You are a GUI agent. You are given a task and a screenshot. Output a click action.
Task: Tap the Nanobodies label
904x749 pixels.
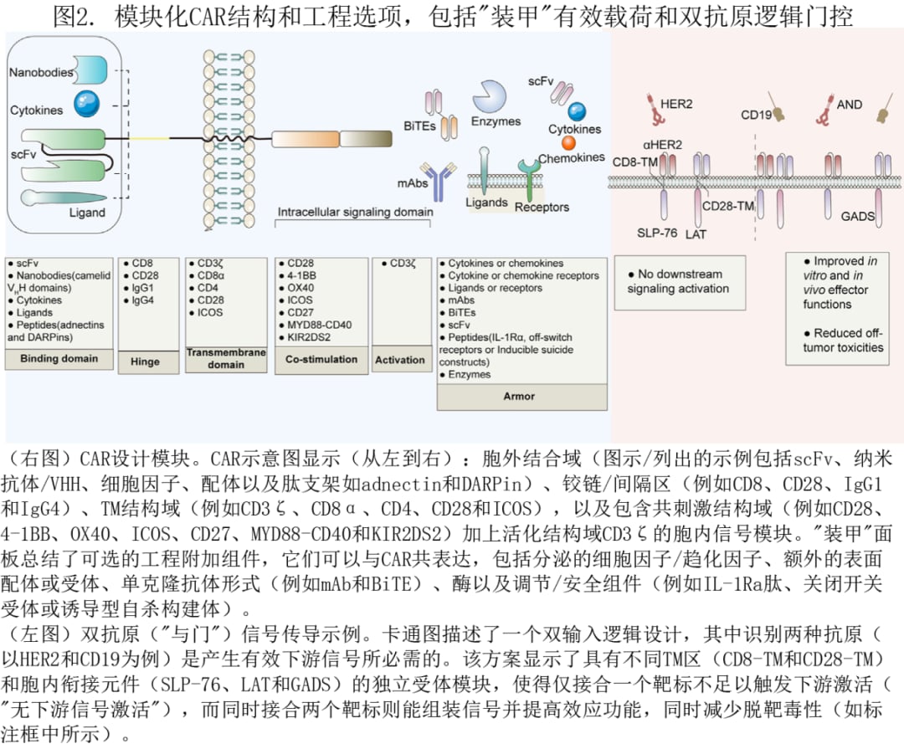pyautogui.click(x=41, y=72)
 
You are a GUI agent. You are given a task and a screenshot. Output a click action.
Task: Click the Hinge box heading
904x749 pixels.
pyautogui.click(x=145, y=360)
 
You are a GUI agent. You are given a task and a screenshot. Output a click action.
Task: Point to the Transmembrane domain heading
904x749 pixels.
pyautogui.click(x=226, y=359)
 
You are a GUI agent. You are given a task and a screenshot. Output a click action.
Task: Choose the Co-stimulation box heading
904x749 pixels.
pyautogui.click(x=321, y=359)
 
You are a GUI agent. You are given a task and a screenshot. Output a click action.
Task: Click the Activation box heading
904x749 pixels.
pyautogui.click(x=399, y=360)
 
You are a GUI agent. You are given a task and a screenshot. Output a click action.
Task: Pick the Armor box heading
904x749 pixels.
pyautogui.click(x=519, y=395)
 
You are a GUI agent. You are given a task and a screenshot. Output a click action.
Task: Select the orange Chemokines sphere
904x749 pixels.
pyautogui.click(x=568, y=142)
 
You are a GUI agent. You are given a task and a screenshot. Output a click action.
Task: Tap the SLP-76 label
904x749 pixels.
pyautogui.click(x=657, y=233)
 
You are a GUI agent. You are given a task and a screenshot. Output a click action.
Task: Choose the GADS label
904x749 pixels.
pyautogui.click(x=858, y=216)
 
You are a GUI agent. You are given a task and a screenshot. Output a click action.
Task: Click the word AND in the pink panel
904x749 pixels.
pyautogui.click(x=849, y=105)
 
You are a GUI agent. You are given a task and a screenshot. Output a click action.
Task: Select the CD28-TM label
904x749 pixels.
pyautogui.click(x=728, y=206)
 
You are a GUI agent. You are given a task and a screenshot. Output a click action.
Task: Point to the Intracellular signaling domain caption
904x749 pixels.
pyautogui.click(x=355, y=212)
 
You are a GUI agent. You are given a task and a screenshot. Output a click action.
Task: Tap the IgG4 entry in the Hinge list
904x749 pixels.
pyautogui.click(x=143, y=300)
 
